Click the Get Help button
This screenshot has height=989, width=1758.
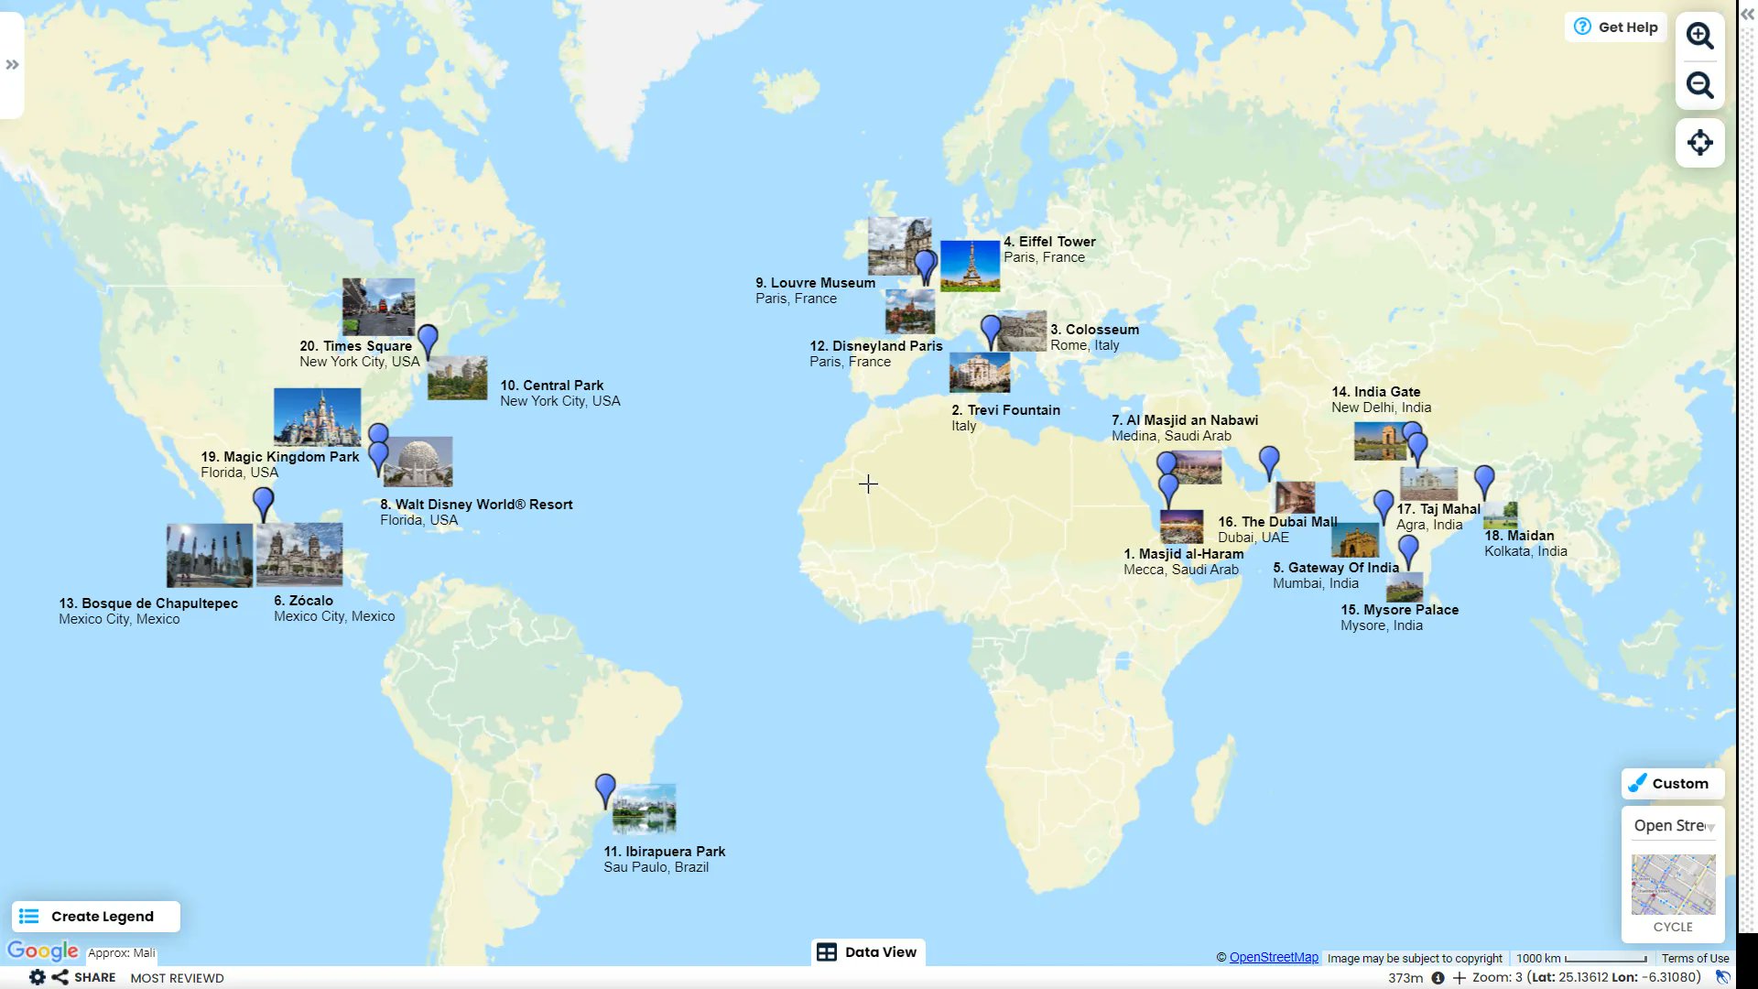[1616, 27]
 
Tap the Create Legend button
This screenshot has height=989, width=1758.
[96, 917]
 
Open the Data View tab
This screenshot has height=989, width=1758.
[867, 952]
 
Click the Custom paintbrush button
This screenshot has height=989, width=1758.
[1672, 784]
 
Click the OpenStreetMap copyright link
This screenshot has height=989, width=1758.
[1273, 958]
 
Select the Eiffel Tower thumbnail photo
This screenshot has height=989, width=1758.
[970, 266]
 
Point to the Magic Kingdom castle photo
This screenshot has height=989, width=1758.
[317, 417]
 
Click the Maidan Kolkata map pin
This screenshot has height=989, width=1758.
[1484, 480]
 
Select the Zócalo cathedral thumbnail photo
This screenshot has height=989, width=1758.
[299, 554]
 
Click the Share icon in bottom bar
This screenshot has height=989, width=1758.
[60, 977]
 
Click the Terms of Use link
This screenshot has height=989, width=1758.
[1695, 959]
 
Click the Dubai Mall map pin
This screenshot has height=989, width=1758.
[1269, 462]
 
